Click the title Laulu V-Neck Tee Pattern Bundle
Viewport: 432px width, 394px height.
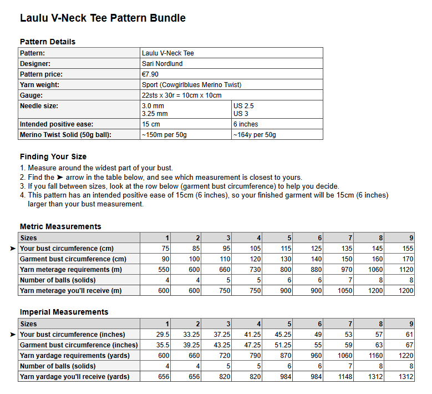[x=103, y=18]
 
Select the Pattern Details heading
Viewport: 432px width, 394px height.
[x=48, y=42]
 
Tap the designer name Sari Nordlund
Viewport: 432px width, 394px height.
[x=162, y=64]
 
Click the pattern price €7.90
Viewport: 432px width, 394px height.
[x=150, y=74]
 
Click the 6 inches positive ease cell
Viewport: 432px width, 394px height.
[x=246, y=124]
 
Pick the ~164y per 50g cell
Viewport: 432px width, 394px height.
[x=255, y=135]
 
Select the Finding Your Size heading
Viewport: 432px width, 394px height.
[x=53, y=156]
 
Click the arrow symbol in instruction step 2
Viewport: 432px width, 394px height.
[x=60, y=177]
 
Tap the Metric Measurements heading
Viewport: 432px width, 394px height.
[x=60, y=226]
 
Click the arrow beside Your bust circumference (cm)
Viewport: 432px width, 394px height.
[x=13, y=249]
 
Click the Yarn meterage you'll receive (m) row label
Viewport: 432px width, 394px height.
[x=70, y=291]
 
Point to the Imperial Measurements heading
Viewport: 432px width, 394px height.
[x=64, y=312]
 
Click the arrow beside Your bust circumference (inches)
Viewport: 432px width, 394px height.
[x=13, y=335]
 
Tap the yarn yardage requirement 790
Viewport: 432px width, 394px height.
[x=254, y=356]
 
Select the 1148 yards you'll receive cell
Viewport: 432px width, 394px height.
[x=344, y=377]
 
